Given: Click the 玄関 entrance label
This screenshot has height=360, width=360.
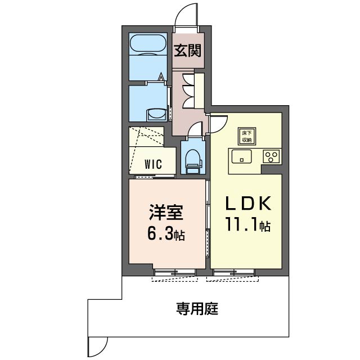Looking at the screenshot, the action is point(187,50).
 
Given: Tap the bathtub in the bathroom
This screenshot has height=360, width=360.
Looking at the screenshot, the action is point(148,44).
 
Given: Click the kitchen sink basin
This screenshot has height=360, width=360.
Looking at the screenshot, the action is point(241,156).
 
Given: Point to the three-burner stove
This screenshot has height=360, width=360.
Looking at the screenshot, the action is point(271,156).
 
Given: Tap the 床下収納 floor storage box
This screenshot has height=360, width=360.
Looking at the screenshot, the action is point(246,136).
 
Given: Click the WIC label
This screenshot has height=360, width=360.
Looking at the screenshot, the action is point(153,164).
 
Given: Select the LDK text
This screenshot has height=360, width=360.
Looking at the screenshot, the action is point(249,204).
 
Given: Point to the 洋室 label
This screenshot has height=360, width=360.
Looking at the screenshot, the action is point(166,212).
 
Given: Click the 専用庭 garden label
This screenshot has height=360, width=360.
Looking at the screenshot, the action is point(197,309).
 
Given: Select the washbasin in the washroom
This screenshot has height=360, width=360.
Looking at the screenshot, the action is point(157,114).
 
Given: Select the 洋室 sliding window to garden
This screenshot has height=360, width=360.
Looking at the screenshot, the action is point(175,272).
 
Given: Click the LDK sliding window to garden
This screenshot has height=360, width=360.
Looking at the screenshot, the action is point(234,272).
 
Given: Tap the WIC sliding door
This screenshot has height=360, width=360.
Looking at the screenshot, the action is point(155,177).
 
